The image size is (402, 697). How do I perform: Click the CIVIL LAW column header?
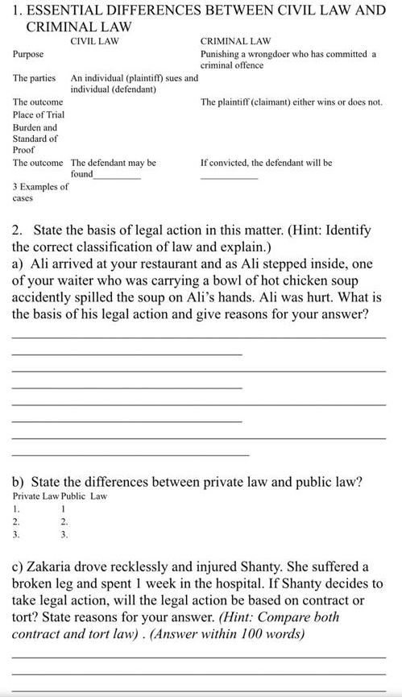(x=95, y=40)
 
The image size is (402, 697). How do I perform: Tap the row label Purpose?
(x=28, y=53)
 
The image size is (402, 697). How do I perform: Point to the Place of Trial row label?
(x=39, y=115)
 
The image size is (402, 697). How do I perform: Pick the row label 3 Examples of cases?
(x=40, y=192)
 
